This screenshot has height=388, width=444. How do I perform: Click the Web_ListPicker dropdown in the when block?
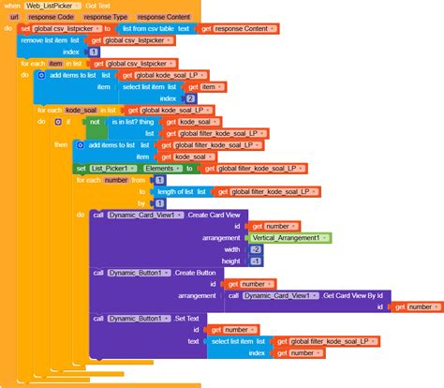click(x=53, y=7)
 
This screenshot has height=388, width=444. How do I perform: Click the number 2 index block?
click(x=190, y=97)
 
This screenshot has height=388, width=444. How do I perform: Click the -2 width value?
click(x=254, y=249)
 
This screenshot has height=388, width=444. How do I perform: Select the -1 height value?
click(x=254, y=261)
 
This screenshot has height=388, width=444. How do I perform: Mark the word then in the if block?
click(x=61, y=145)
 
